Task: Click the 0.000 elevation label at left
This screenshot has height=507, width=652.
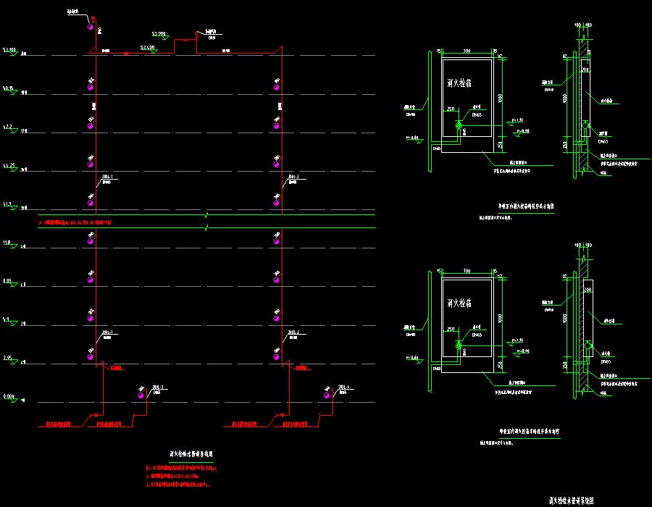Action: [9, 396]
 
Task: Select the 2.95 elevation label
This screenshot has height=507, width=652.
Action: [8, 357]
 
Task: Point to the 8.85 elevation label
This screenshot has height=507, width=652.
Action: [8, 280]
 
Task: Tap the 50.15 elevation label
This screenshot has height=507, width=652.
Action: [9, 88]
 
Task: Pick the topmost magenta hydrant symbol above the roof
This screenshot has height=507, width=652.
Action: [91, 28]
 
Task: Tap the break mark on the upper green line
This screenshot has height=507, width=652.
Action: [207, 215]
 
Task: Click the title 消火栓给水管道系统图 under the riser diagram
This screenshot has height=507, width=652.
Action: [191, 454]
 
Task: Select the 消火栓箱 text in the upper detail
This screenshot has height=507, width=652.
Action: [461, 84]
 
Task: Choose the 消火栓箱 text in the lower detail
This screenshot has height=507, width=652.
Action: [461, 303]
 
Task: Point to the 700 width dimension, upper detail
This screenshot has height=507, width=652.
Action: [467, 50]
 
